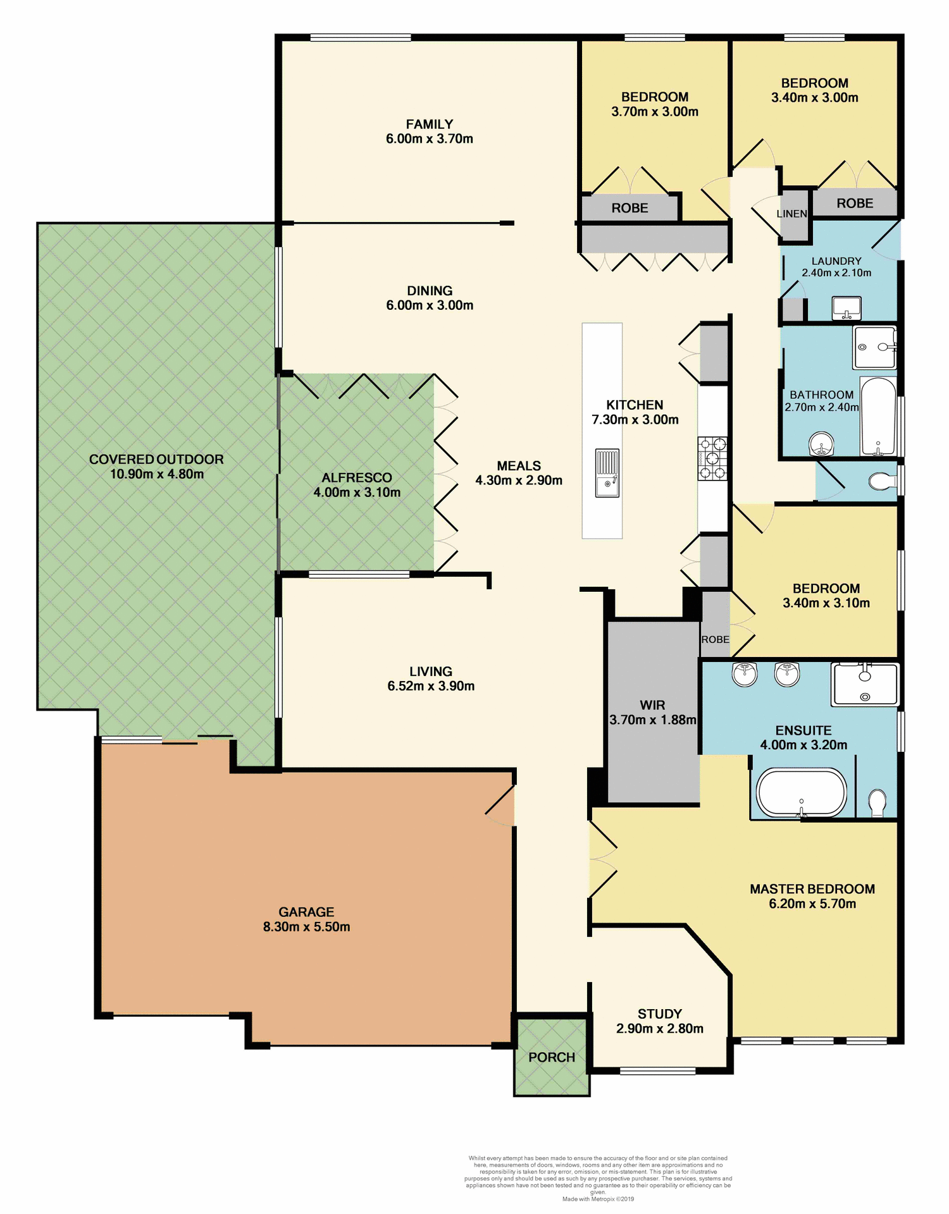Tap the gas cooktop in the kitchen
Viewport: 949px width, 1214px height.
[712, 458]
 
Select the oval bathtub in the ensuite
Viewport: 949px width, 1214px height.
[802, 793]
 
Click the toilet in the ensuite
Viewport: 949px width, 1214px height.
[877, 802]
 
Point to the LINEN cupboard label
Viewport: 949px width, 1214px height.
[791, 214]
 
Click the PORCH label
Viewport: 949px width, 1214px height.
[552, 1057]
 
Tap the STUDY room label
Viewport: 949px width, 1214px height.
[659, 1014]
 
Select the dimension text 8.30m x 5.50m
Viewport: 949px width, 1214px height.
[306, 927]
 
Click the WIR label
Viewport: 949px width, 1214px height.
[652, 705]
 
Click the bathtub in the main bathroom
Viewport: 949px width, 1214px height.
[878, 417]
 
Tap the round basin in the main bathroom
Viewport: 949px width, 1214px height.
[822, 445]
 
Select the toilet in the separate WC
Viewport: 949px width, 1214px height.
[882, 482]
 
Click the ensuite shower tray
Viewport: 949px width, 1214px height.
[865, 684]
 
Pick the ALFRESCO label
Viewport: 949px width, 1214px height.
[357, 477]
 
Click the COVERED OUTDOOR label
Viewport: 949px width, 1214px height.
[156, 459]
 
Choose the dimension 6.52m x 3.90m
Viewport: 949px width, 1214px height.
[431, 686]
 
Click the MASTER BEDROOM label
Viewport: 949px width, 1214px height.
[812, 889]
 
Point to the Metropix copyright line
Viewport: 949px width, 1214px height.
[598, 1199]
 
